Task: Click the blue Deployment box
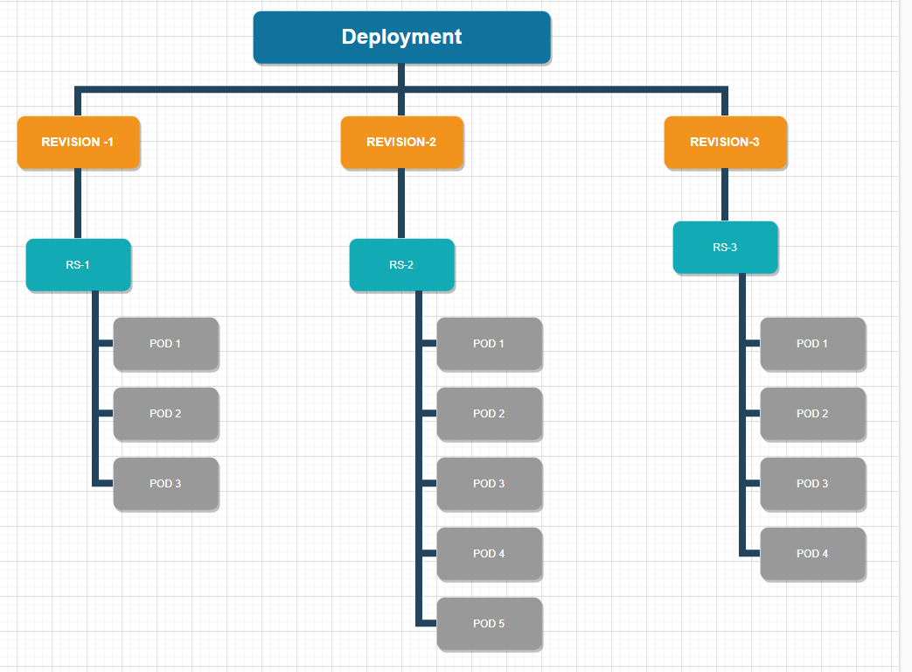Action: coord(401,38)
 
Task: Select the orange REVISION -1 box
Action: coord(78,142)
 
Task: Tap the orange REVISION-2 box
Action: coord(401,142)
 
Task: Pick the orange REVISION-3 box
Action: coord(725,142)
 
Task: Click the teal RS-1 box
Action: coord(78,264)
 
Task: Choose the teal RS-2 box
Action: coord(401,264)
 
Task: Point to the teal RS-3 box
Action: coord(725,247)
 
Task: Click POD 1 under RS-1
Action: coord(165,343)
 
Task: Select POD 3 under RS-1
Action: coord(165,483)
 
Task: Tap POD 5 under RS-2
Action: coord(489,623)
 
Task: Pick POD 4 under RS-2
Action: coord(489,553)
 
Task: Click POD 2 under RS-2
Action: coord(489,413)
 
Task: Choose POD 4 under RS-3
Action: coord(812,553)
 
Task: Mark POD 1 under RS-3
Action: coord(812,343)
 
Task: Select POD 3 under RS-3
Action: coord(812,483)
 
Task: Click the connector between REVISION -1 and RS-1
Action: coord(78,203)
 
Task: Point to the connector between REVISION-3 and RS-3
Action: coord(725,194)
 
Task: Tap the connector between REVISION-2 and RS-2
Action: coord(401,203)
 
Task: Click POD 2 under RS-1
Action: coord(165,413)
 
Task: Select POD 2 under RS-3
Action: coord(812,413)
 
